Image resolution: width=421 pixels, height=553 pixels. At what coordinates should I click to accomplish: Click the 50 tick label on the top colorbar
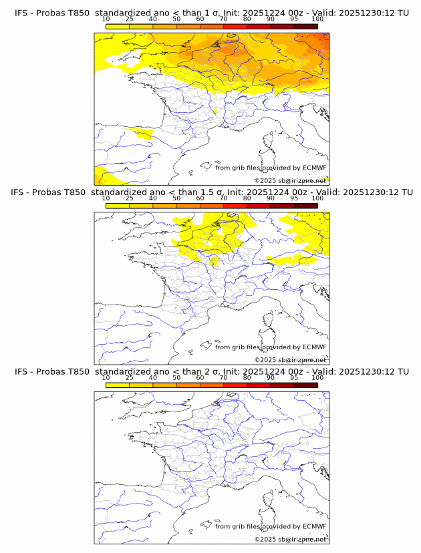click(176, 19)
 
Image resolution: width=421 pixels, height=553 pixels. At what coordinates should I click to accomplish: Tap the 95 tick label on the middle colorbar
click(294, 198)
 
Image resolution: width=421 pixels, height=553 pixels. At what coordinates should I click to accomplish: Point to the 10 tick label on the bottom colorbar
click(106, 377)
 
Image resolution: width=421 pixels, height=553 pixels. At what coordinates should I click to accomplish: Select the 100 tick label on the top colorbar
click(317, 19)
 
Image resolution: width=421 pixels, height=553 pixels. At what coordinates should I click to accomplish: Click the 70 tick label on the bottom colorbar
click(223, 377)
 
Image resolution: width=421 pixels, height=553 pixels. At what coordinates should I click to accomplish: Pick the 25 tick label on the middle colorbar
click(130, 198)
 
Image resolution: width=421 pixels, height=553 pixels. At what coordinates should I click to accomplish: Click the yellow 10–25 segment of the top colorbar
click(118, 26)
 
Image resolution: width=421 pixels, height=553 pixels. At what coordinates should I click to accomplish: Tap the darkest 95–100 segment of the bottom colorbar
click(306, 385)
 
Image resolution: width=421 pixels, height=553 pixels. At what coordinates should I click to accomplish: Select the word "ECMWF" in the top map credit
click(314, 168)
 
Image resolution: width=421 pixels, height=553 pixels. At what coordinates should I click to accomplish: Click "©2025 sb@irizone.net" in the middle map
click(290, 359)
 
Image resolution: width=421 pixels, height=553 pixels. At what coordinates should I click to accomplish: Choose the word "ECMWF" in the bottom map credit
click(314, 526)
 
